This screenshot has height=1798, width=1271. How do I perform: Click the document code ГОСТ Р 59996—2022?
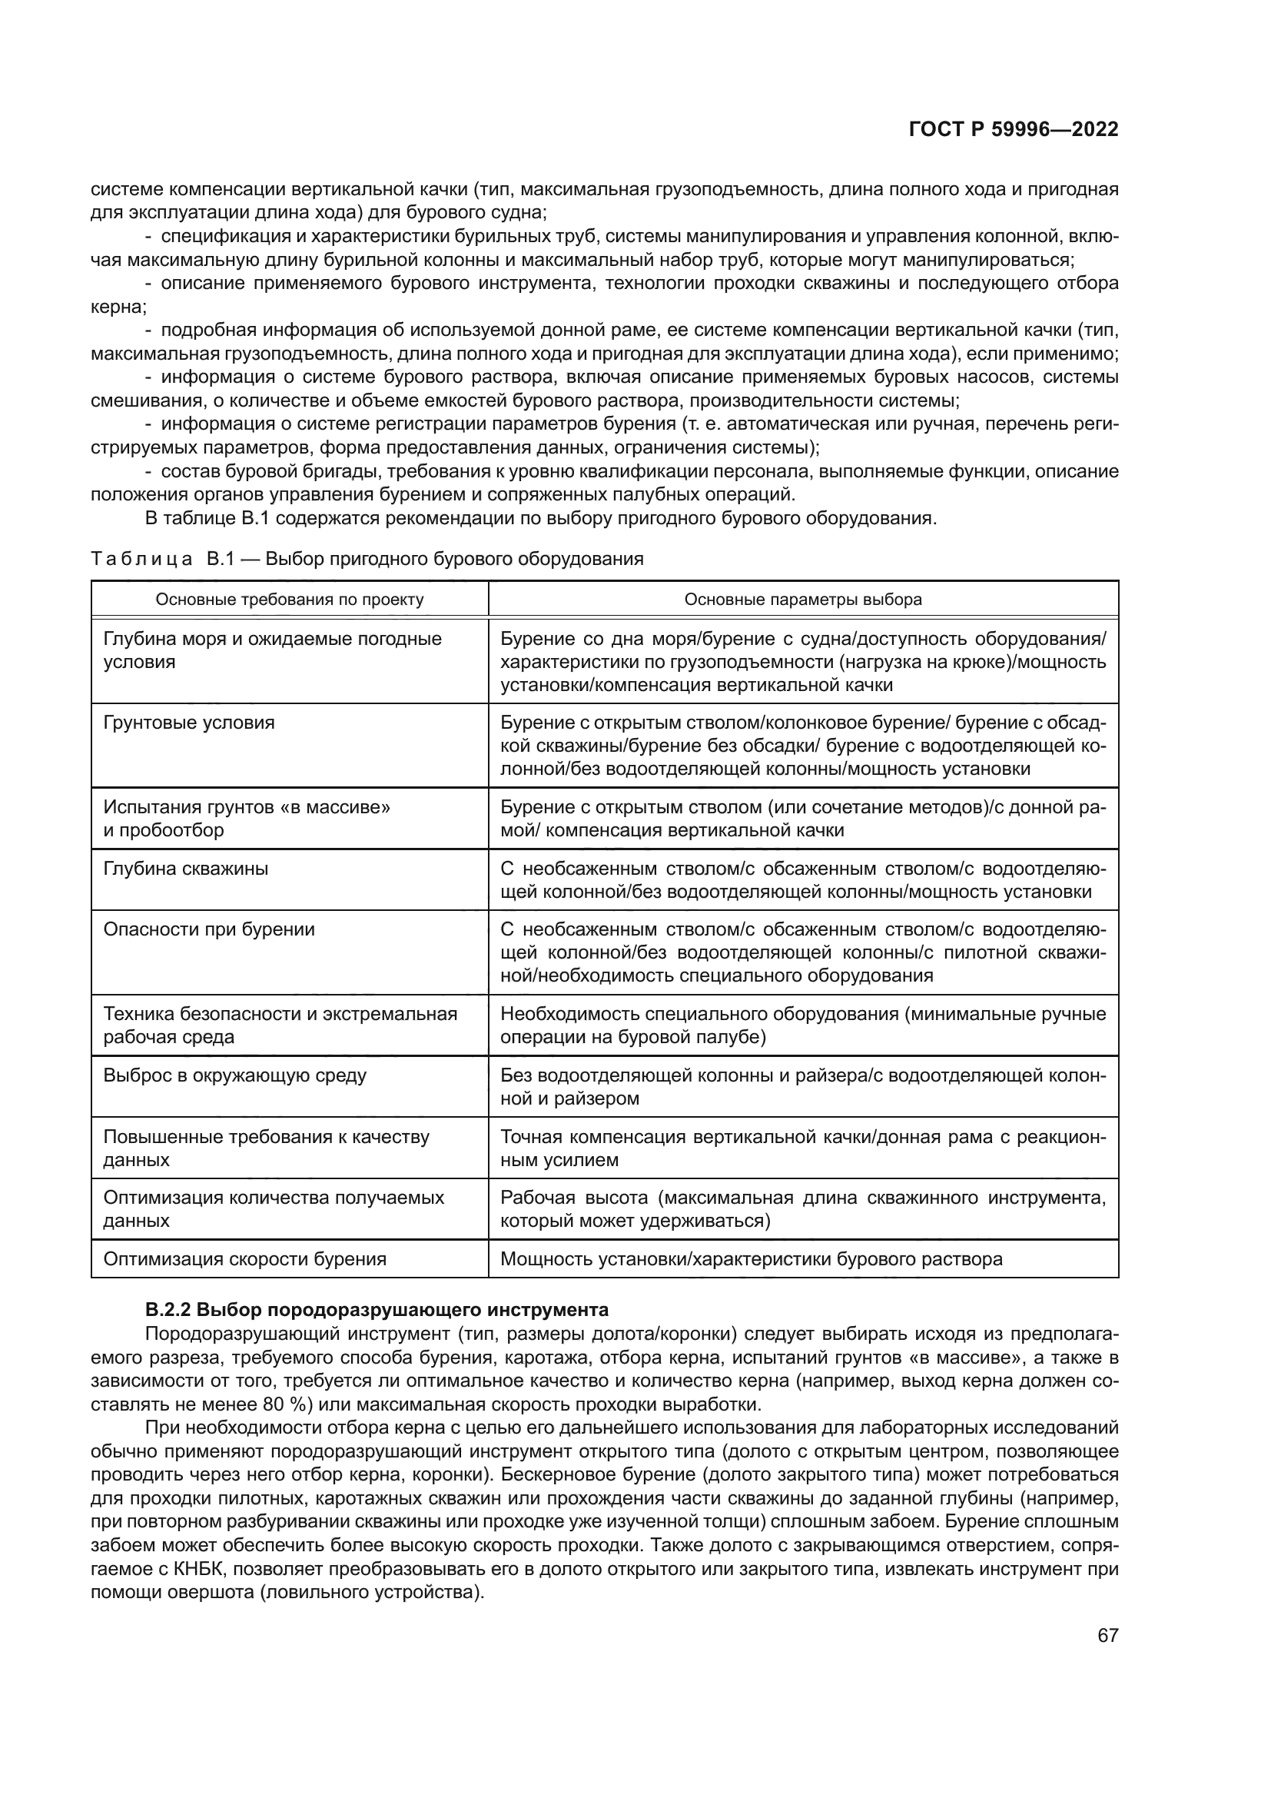pyautogui.click(x=1014, y=129)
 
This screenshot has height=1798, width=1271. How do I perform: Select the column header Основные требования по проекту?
pyautogui.click(x=290, y=600)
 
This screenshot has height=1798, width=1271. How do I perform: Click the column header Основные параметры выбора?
pyautogui.click(x=803, y=600)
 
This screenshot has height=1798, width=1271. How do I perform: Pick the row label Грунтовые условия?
pyautogui.click(x=189, y=722)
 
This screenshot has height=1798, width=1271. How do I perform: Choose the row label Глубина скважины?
pyautogui.click(x=186, y=869)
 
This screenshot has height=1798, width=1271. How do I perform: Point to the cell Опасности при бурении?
pyautogui.click(x=210, y=929)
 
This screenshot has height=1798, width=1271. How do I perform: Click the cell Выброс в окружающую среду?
pyautogui.click(x=235, y=1075)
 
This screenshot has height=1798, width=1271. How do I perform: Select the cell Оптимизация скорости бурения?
pyautogui.click(x=245, y=1259)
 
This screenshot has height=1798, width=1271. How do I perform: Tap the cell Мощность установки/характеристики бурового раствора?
pyautogui.click(x=751, y=1259)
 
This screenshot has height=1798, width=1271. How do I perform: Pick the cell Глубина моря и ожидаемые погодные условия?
pyautogui.click(x=272, y=650)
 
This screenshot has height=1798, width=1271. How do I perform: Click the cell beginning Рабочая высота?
pyautogui.click(x=803, y=1209)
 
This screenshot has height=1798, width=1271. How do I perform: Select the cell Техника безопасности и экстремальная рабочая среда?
pyautogui.click(x=280, y=1025)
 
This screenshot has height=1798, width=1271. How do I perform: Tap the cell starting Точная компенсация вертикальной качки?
pyautogui.click(x=803, y=1148)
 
